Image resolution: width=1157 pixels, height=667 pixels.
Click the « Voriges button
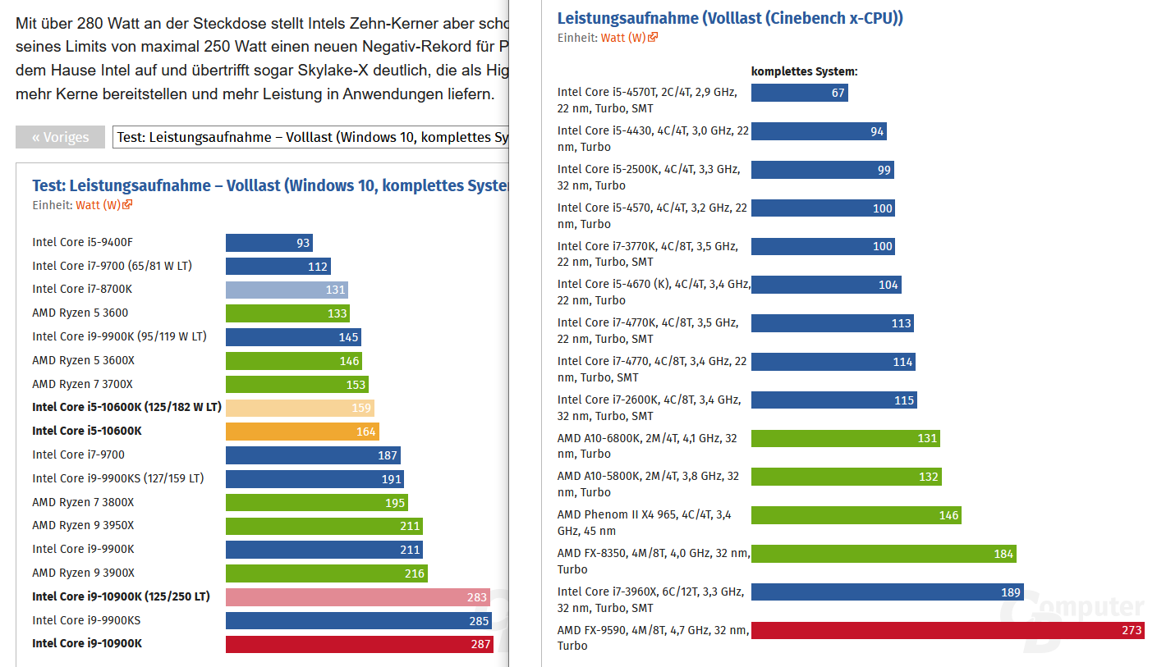[x=60, y=137]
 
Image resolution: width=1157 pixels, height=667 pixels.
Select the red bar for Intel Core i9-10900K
[x=359, y=644]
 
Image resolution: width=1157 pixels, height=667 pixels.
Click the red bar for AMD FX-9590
[x=947, y=630]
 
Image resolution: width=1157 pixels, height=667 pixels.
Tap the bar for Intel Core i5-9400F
[x=269, y=243]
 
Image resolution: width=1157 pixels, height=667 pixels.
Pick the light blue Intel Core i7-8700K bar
[x=287, y=290]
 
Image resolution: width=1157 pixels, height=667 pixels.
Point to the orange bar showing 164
[x=302, y=432]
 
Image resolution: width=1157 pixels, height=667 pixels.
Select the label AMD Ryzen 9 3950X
[x=83, y=526]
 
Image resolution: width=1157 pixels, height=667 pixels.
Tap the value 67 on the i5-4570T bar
[x=838, y=93]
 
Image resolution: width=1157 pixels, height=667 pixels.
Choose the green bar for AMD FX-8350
[x=883, y=554]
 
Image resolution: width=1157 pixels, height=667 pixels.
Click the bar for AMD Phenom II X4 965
[x=856, y=515]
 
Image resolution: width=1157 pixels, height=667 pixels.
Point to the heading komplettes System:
[x=804, y=71]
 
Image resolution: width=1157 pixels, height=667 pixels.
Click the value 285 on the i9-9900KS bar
[x=480, y=621]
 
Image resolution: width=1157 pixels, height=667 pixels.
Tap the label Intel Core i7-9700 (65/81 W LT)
[x=112, y=266]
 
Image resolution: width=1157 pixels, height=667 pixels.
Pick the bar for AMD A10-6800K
[x=845, y=438]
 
